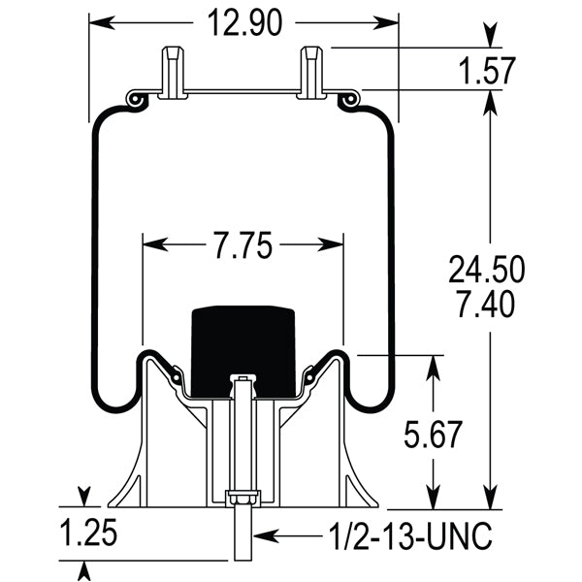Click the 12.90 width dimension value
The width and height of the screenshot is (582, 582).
pos(242,20)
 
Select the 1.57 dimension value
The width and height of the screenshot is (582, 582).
pos(482,71)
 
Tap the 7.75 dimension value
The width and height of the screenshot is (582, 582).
pos(242,246)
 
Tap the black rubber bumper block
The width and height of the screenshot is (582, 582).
pos(242,349)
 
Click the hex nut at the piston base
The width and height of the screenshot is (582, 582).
pos(242,500)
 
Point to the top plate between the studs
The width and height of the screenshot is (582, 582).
pos(242,93)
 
